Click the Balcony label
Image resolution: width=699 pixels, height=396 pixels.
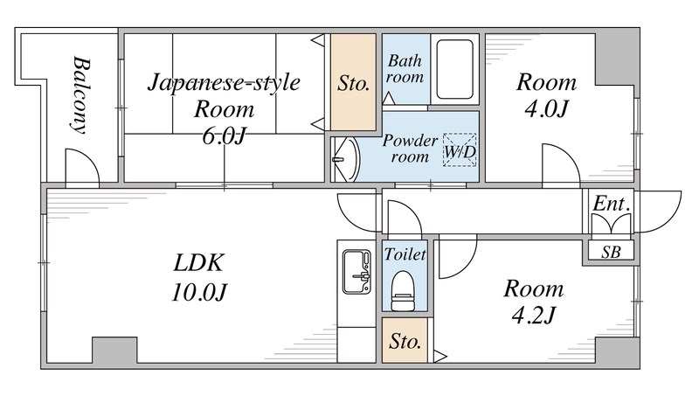(x=81, y=94)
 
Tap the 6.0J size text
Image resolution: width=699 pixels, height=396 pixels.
(x=224, y=136)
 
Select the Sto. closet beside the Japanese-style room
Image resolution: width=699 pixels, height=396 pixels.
(x=353, y=82)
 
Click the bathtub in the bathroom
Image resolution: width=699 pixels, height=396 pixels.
(x=454, y=70)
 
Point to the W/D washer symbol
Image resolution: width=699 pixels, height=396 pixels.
(x=460, y=150)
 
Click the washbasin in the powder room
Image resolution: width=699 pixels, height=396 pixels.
(x=347, y=159)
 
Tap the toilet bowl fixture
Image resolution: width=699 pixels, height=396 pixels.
(x=403, y=290)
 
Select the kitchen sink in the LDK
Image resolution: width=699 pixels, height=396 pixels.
(x=356, y=272)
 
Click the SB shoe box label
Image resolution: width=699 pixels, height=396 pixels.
(x=611, y=253)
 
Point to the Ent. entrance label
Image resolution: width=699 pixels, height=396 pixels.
(x=612, y=205)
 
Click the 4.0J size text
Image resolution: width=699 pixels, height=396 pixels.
(x=546, y=108)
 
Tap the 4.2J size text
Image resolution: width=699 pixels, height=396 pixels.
(x=533, y=316)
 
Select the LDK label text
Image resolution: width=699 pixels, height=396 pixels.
(x=198, y=262)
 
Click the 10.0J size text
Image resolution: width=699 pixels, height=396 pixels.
(x=199, y=292)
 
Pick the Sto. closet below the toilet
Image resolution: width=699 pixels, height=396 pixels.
(x=405, y=340)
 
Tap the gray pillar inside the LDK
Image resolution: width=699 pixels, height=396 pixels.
(x=114, y=350)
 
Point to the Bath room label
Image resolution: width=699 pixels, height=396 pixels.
(x=405, y=69)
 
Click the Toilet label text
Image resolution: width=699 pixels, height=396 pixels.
(x=405, y=254)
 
